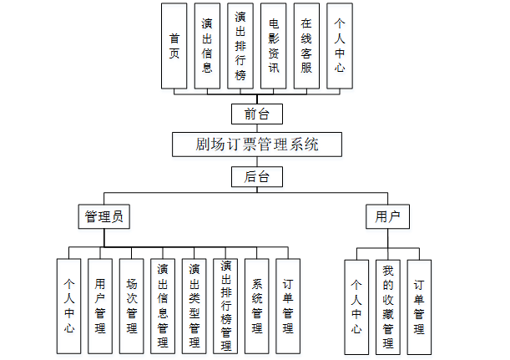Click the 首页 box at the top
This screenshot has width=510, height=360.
(x=174, y=46)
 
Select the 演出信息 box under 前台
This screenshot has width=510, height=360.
(x=207, y=46)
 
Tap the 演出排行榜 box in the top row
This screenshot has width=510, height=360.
(x=240, y=46)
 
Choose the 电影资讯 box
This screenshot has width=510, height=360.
(x=273, y=46)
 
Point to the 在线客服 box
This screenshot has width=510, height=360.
(x=306, y=46)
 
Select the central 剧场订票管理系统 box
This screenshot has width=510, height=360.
(x=257, y=145)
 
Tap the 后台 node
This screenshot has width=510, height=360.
(x=257, y=177)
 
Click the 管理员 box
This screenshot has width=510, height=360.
(x=104, y=217)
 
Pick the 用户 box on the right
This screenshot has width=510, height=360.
(x=387, y=217)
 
